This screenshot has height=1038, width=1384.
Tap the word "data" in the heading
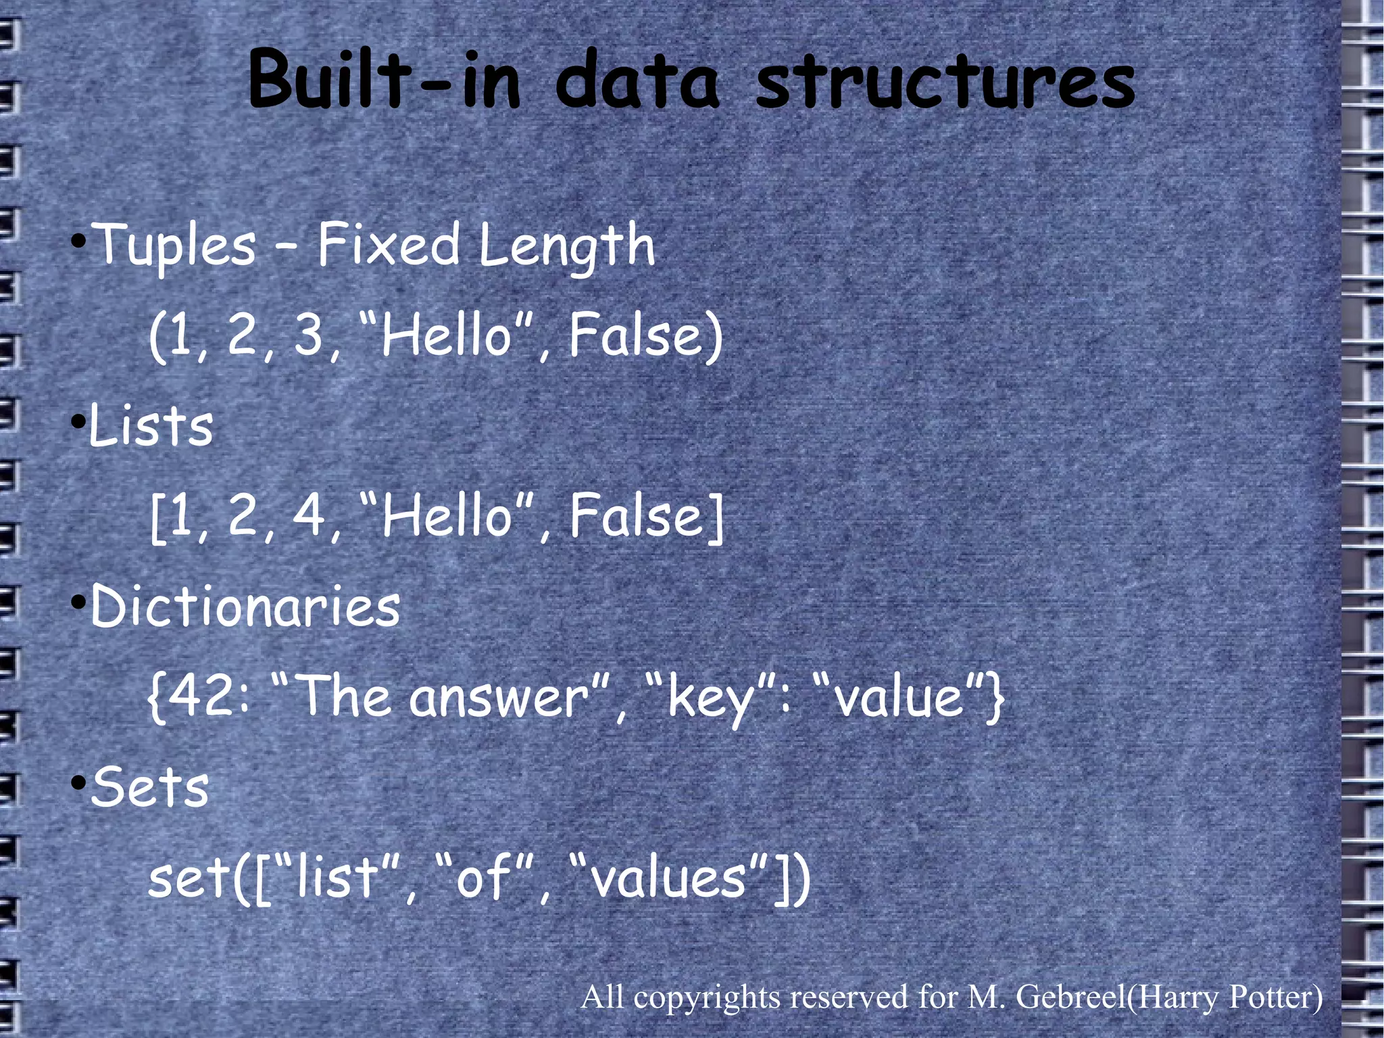637,81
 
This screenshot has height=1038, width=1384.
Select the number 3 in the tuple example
309,335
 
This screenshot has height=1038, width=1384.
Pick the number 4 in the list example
309,516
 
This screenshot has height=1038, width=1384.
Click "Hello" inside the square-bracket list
447,516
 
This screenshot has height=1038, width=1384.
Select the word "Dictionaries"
245,606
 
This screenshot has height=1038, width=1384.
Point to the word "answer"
499,698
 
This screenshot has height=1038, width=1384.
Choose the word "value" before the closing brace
899,698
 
